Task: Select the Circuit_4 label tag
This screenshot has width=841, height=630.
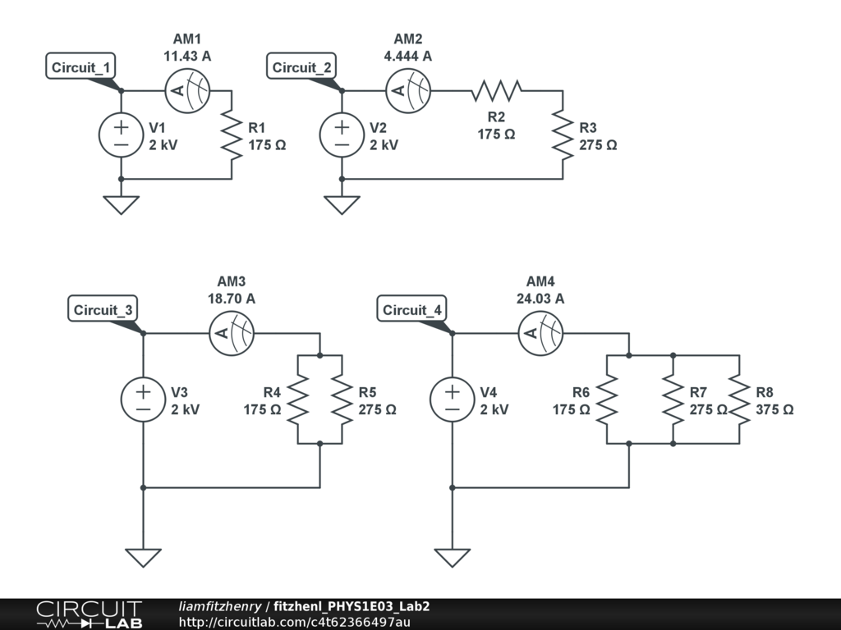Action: click(x=412, y=310)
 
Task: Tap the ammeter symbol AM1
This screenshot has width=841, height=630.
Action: click(x=187, y=90)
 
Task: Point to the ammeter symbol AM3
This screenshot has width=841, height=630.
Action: click(x=232, y=333)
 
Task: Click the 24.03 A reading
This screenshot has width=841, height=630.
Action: click(x=540, y=299)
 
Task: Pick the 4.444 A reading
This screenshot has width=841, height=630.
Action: click(x=407, y=56)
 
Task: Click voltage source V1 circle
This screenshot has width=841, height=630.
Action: click(x=121, y=135)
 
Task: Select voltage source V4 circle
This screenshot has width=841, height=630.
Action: click(x=452, y=399)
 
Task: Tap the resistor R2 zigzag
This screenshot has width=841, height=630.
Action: click(x=496, y=90)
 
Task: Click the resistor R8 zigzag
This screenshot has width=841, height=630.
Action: click(x=740, y=399)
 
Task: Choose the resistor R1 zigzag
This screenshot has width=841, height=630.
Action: click(x=232, y=135)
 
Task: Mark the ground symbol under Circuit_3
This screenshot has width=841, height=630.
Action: click(x=143, y=557)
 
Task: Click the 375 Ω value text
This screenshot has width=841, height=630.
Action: click(x=774, y=409)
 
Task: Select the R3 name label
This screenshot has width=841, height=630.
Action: click(x=588, y=128)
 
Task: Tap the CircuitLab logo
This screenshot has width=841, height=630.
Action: click(x=89, y=614)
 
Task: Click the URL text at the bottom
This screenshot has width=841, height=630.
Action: click(x=294, y=622)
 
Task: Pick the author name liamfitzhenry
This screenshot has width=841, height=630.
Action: click(x=219, y=606)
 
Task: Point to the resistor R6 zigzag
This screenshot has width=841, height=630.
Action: click(x=606, y=399)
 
